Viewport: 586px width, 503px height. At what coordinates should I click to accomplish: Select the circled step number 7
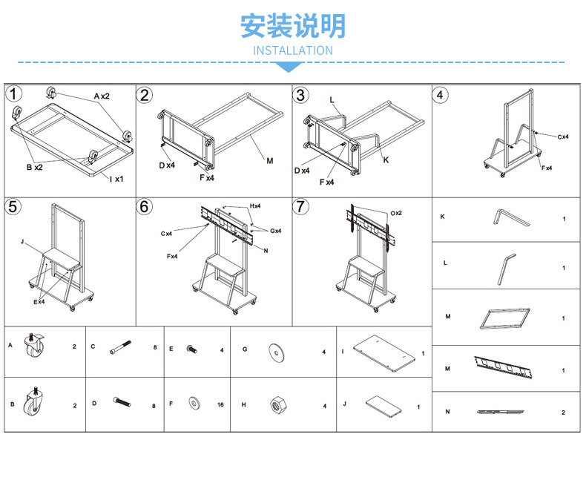click(x=301, y=206)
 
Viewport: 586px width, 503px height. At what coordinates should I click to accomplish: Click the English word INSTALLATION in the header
click(x=293, y=50)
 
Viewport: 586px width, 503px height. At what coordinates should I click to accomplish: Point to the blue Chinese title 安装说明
click(x=293, y=26)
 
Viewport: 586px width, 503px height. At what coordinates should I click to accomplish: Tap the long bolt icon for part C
click(x=122, y=346)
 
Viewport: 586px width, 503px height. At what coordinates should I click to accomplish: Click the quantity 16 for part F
click(x=220, y=405)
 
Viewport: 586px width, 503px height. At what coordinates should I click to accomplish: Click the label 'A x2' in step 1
click(x=102, y=96)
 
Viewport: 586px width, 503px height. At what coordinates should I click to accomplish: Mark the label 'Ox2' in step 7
click(x=397, y=213)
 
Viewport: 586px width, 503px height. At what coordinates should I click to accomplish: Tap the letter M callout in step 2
click(x=269, y=160)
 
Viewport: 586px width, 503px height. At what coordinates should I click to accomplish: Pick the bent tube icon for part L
click(x=504, y=267)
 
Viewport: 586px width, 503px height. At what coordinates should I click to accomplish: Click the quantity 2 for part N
click(x=564, y=412)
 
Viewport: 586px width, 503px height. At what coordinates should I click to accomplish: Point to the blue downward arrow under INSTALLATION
click(x=293, y=68)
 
